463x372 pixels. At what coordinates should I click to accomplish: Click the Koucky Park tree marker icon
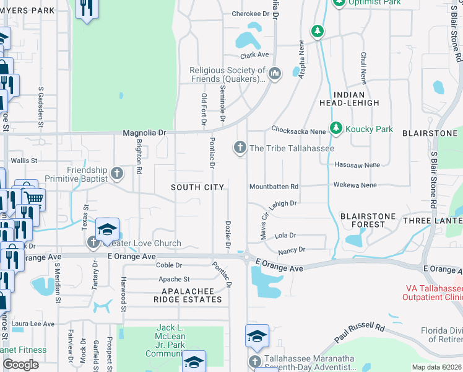coord(336,128)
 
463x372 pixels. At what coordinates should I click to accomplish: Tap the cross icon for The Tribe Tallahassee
coord(240,148)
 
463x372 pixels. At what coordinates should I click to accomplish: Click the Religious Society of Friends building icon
coord(275,74)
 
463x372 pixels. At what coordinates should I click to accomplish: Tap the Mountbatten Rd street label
coord(274,186)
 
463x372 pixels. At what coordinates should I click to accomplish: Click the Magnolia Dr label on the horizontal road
coord(145,132)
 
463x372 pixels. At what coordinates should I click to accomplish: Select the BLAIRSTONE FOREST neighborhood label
coord(368,220)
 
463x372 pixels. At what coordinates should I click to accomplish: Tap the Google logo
coord(20,365)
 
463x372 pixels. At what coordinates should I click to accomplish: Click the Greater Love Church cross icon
coord(93,242)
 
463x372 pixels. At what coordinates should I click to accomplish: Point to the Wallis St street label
coord(25,160)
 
